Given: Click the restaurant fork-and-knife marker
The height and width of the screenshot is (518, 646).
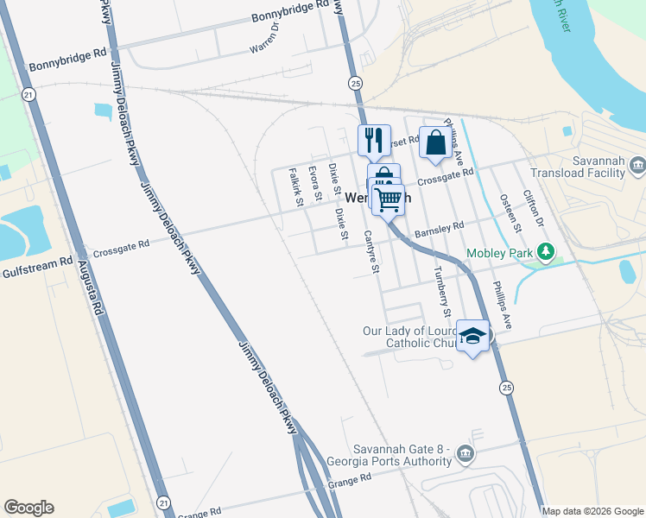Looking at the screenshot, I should click(373, 141).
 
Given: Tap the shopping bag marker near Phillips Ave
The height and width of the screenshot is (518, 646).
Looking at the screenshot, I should click(435, 142).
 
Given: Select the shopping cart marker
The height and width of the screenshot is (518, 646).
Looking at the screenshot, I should click(389, 200).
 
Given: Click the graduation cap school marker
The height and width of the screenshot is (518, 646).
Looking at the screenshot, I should click(472, 336).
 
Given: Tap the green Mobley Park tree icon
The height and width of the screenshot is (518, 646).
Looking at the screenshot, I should click(545, 253).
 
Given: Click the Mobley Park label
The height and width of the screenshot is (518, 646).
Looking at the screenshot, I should click(500, 254).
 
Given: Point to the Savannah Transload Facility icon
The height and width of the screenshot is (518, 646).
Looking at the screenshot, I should click(637, 165).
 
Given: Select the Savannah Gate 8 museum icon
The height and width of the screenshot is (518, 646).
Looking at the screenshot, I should click(465, 454).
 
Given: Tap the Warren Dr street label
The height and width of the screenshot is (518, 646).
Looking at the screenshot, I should click(265, 39).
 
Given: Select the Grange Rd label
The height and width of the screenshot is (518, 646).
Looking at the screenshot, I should click(349, 477).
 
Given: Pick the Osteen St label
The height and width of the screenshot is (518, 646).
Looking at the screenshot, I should click(511, 212).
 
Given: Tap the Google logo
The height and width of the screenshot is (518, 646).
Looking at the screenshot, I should click(28, 508).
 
